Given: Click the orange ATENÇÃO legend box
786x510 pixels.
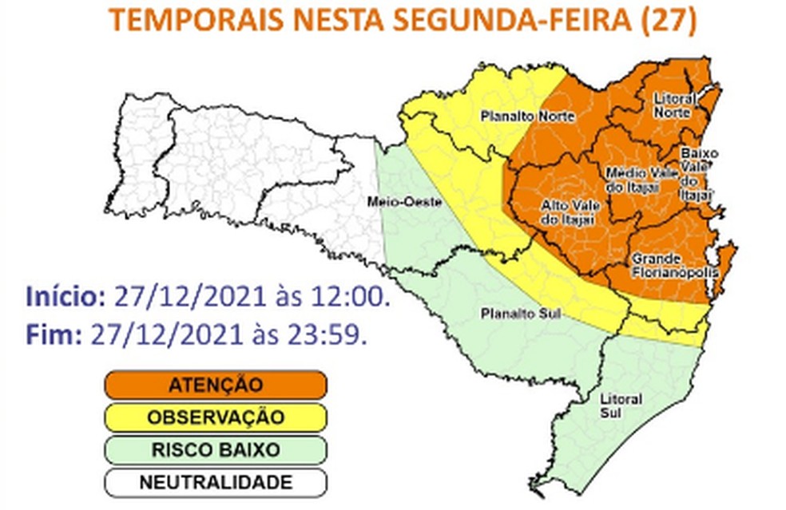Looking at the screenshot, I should point(215,385).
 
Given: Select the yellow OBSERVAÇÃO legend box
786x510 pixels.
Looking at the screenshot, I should point(215,417).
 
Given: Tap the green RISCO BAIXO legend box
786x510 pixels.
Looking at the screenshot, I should point(215,450).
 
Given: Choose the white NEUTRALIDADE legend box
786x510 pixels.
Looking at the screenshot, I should point(215,483).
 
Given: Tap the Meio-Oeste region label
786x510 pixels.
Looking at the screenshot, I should point(404,203).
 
